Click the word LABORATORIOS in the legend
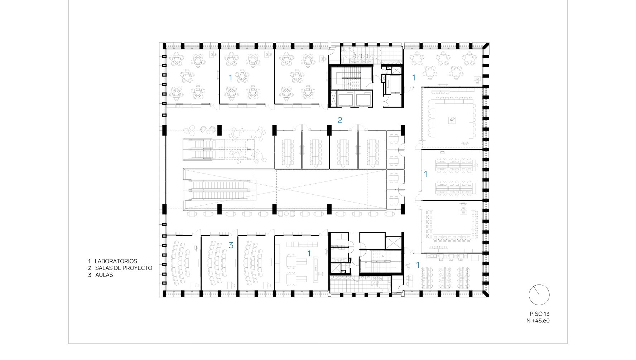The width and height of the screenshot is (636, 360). (116, 261)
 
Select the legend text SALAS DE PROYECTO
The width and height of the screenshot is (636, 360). (124, 268)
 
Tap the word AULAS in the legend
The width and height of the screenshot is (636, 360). (104, 275)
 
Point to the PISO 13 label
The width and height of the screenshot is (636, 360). (540, 314)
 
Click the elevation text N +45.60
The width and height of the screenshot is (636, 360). (538, 321)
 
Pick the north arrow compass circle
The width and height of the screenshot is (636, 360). (539, 295)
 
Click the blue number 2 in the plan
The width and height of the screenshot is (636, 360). (340, 120)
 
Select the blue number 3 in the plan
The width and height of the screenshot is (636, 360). (231, 245)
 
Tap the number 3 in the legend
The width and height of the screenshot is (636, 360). (90, 275)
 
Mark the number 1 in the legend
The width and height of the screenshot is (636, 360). (90, 261)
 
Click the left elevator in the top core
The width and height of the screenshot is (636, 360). (344, 99)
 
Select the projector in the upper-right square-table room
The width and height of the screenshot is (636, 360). (452, 120)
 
